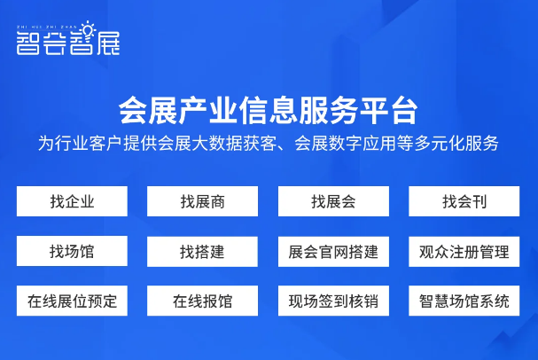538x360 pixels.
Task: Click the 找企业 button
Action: click(72, 201)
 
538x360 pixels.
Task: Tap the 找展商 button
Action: click(202, 201)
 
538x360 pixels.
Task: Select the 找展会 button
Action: click(333, 201)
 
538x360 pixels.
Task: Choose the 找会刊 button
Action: click(464, 201)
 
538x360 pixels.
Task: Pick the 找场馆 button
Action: click(72, 251)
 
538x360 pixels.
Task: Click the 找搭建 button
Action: click(202, 252)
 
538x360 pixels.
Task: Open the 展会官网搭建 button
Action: click(333, 252)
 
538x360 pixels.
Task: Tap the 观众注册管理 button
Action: click(464, 252)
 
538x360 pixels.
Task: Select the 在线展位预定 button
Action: click(72, 301)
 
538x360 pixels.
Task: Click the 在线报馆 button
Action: click(202, 301)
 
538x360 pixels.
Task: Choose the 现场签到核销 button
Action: click(333, 301)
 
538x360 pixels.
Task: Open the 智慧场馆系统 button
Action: click(464, 301)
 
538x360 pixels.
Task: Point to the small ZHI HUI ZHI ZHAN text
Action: click(47, 27)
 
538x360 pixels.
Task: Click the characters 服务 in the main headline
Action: click(329, 111)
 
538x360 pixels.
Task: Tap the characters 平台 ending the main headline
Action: click(388, 111)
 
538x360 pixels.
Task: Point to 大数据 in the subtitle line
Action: click(217, 144)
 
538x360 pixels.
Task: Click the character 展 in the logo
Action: click(108, 43)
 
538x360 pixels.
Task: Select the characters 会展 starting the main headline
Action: click(148, 111)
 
